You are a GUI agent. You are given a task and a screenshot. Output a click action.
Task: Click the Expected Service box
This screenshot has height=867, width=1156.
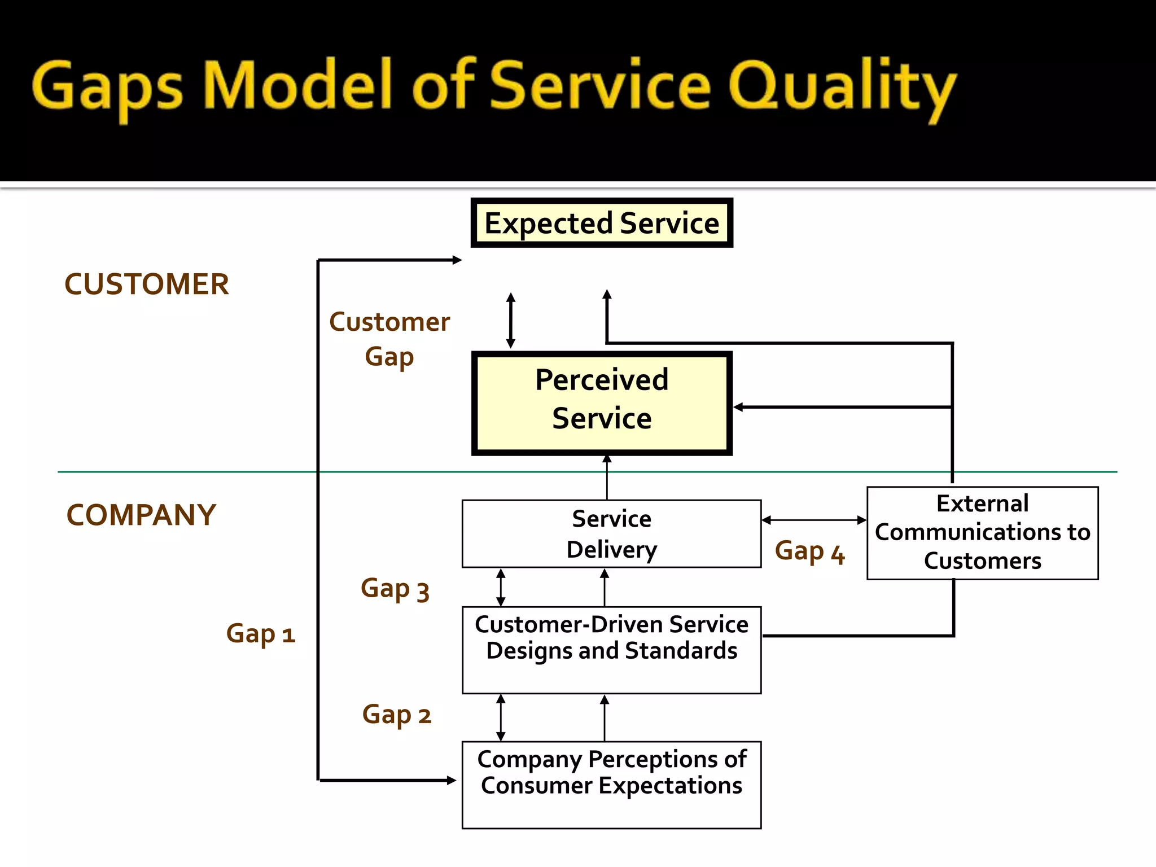point(602,223)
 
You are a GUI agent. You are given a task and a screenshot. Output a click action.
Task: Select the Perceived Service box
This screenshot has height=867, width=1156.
point(602,403)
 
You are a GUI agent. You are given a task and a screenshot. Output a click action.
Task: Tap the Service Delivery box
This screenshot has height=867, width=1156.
point(611,533)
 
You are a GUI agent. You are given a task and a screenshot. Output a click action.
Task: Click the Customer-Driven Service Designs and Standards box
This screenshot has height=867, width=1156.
point(611,649)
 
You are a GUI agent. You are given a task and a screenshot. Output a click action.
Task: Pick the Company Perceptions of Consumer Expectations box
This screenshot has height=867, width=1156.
point(611,785)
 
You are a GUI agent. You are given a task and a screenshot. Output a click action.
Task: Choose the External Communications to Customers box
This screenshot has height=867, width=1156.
point(982,533)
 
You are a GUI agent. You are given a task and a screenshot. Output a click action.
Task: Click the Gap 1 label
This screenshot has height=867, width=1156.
point(261,634)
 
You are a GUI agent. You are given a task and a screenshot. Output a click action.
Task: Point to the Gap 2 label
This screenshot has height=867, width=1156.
point(396,715)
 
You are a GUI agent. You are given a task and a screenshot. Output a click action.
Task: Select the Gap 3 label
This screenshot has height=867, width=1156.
point(395,589)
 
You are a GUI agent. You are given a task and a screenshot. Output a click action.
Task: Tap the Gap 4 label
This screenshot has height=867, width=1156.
point(809,551)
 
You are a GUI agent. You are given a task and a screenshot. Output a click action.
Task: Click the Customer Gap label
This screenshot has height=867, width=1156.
point(389,339)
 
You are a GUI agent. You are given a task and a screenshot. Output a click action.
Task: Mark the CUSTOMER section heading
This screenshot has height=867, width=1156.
point(147,284)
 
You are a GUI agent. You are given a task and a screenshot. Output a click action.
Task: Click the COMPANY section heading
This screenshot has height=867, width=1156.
point(141,515)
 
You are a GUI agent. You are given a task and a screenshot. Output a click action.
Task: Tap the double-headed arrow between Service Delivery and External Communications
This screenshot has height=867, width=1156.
point(813,520)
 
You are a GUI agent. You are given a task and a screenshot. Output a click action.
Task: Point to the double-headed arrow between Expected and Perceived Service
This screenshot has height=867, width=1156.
point(511,320)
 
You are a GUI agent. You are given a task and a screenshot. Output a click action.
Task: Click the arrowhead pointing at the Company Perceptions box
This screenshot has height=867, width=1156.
point(451,780)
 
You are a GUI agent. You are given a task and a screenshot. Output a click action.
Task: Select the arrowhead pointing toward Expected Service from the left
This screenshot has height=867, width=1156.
point(457,260)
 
